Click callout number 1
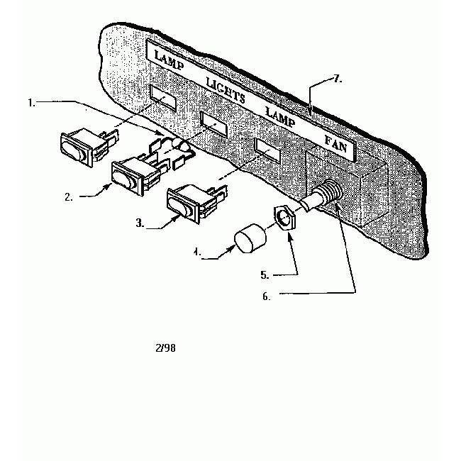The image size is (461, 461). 31,103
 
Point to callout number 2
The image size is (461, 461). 69,197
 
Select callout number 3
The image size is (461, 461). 140,223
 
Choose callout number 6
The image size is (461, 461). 266,297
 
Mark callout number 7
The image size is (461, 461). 338,79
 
